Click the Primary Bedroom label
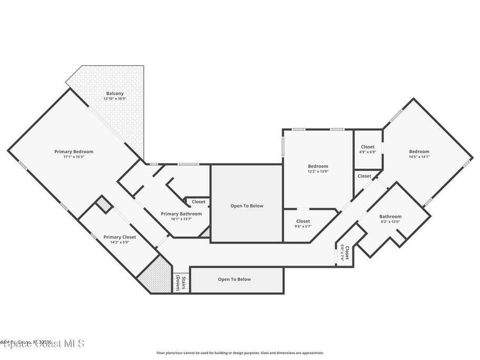[74, 151]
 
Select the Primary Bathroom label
[181, 214]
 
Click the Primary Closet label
[120, 237]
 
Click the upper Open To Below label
[247, 206]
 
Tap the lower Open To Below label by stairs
[234, 279]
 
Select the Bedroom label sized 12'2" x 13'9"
[318, 166]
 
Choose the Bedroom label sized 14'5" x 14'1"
[419, 151]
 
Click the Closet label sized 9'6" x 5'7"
[303, 221]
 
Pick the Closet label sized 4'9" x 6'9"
[367, 147]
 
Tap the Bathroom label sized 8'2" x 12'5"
[390, 217]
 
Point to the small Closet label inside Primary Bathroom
[198, 202]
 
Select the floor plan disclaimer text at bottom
[240, 353]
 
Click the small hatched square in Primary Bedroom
[104, 205]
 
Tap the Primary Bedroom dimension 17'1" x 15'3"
[74, 157]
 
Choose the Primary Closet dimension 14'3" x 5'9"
[120, 242]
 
